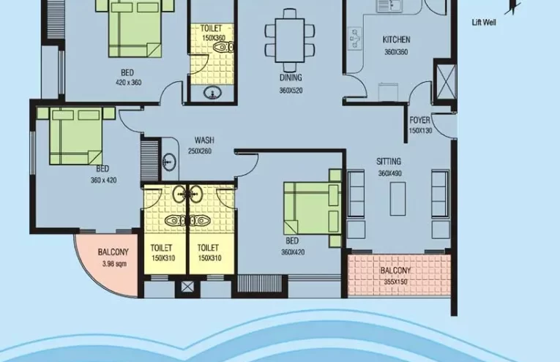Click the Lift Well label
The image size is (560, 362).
click(x=484, y=23)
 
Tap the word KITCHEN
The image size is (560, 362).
click(x=396, y=39)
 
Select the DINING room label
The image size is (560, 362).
click(x=291, y=78)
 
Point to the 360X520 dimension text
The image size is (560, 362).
click(x=291, y=91)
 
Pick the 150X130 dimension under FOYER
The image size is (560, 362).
click(x=419, y=131)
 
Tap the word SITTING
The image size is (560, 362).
click(x=389, y=161)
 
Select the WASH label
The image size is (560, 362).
click(x=204, y=140)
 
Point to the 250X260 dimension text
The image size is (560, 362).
click(x=199, y=151)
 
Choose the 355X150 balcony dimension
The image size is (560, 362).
click(x=395, y=282)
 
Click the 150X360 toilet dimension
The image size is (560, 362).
click(x=214, y=38)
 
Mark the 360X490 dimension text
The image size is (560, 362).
click(x=391, y=174)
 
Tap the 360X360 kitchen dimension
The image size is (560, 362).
click(x=396, y=53)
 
